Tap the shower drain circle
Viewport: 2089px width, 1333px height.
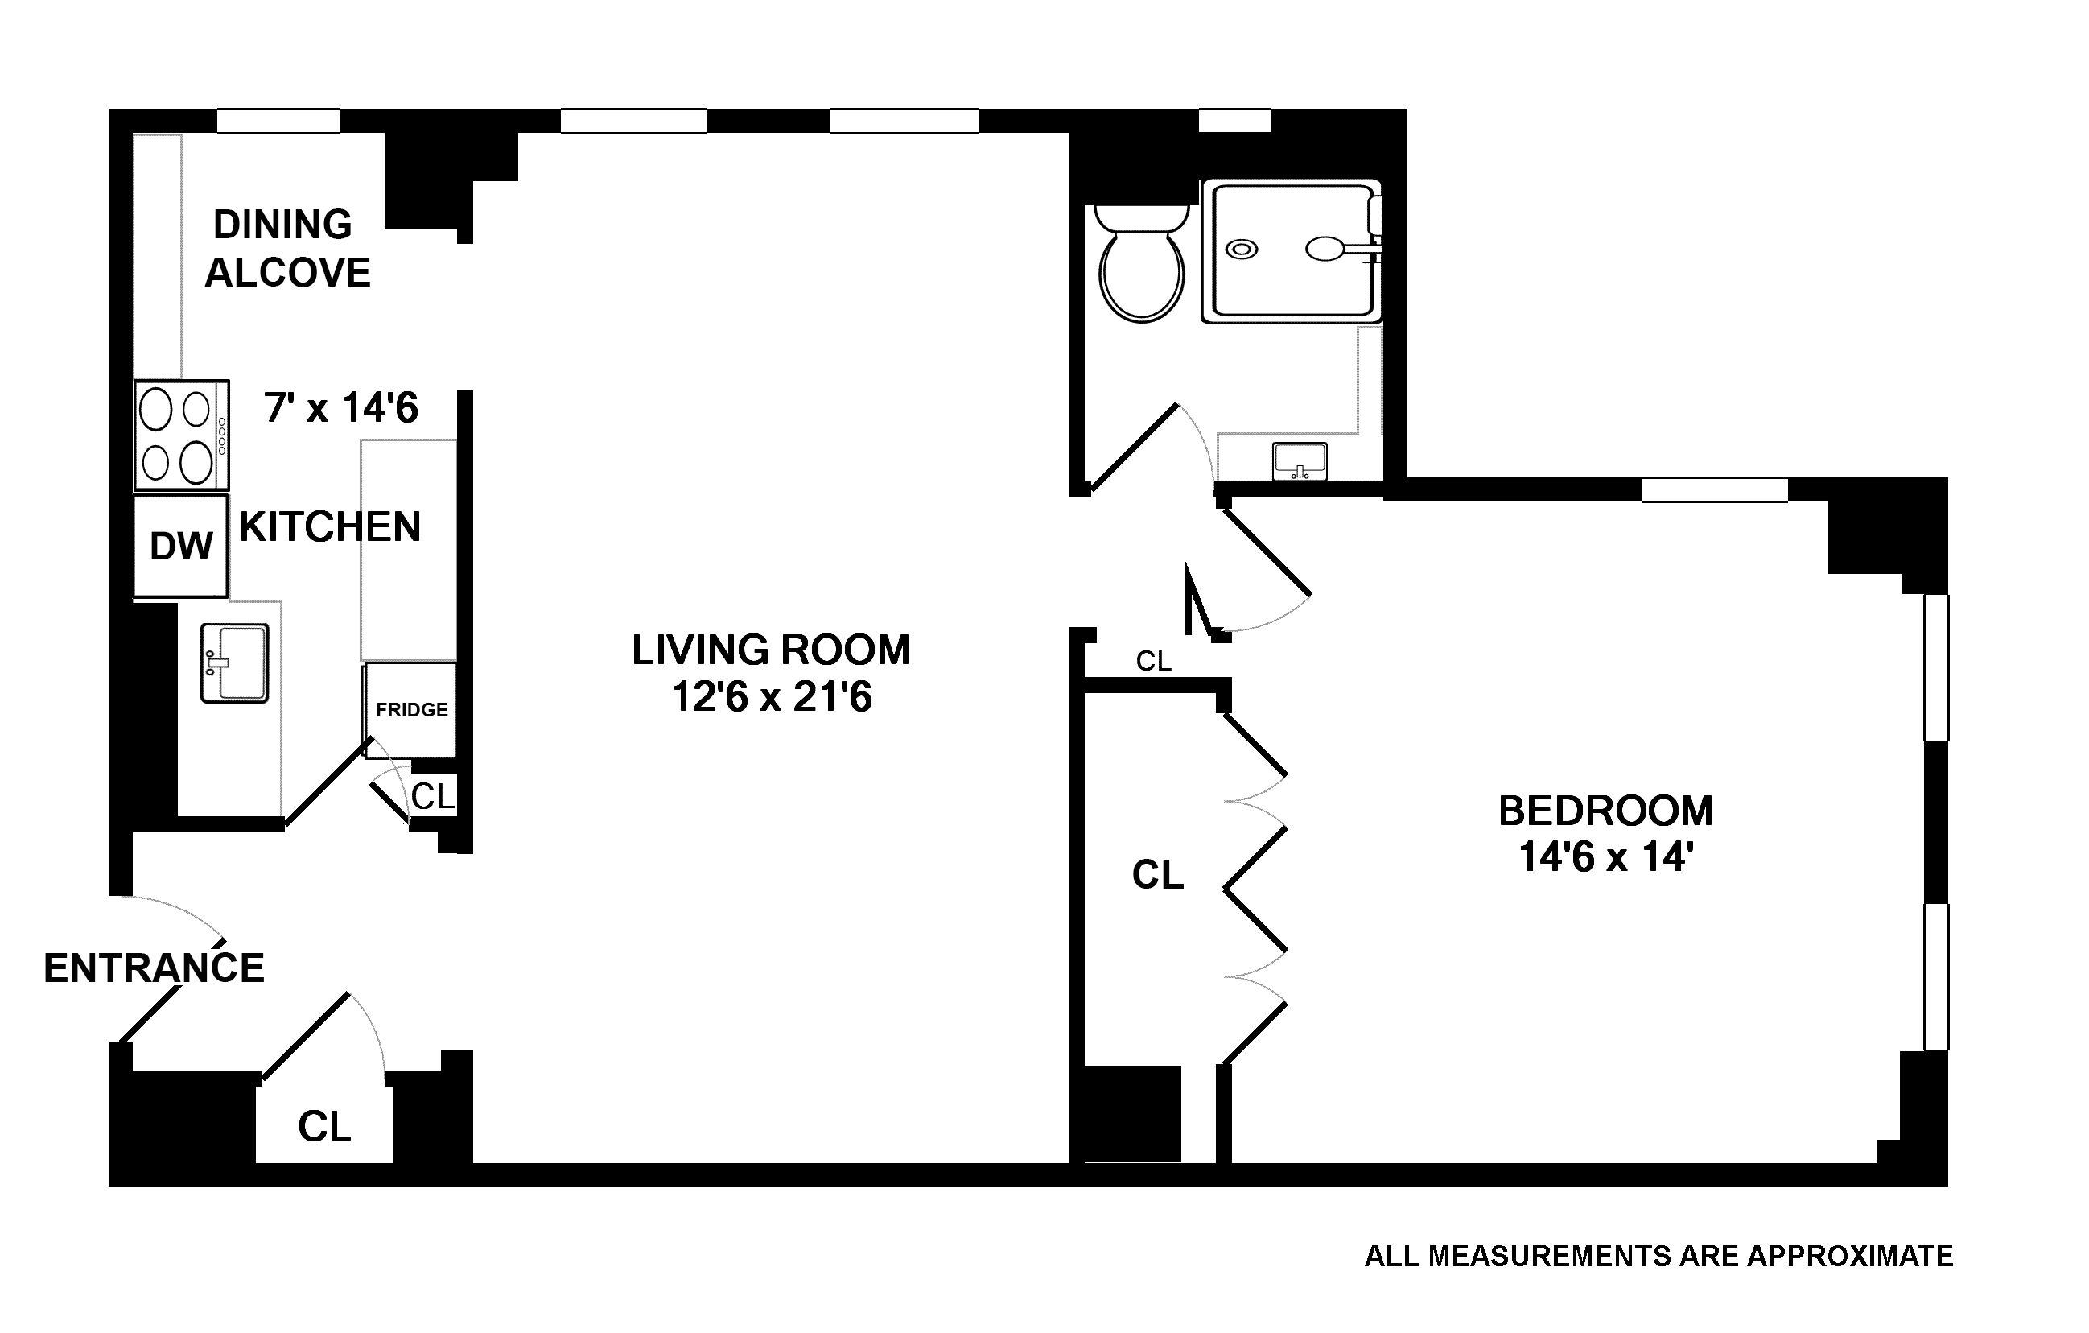point(1242,249)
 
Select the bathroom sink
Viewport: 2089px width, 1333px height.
point(1300,460)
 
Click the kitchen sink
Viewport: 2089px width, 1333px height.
point(234,662)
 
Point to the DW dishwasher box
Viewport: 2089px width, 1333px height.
point(180,546)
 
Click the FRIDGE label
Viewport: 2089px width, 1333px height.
point(411,710)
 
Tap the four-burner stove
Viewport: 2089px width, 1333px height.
point(181,435)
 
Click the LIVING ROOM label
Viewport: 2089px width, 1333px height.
point(770,650)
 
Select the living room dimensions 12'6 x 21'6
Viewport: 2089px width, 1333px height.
point(771,697)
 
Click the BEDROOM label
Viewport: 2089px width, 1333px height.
point(1606,811)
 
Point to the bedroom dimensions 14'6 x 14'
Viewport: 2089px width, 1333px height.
point(1606,857)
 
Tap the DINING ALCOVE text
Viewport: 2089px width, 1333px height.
point(286,248)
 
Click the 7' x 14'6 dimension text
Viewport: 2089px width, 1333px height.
point(341,408)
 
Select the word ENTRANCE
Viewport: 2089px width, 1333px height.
point(154,968)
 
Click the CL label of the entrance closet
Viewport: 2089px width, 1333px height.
point(324,1127)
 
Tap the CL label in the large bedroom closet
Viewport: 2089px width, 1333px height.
point(1157,875)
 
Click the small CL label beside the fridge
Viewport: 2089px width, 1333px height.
point(433,796)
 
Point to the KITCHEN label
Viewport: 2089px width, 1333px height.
point(330,526)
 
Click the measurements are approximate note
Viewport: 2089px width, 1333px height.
point(1658,1257)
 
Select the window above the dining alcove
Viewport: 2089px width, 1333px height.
point(278,121)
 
